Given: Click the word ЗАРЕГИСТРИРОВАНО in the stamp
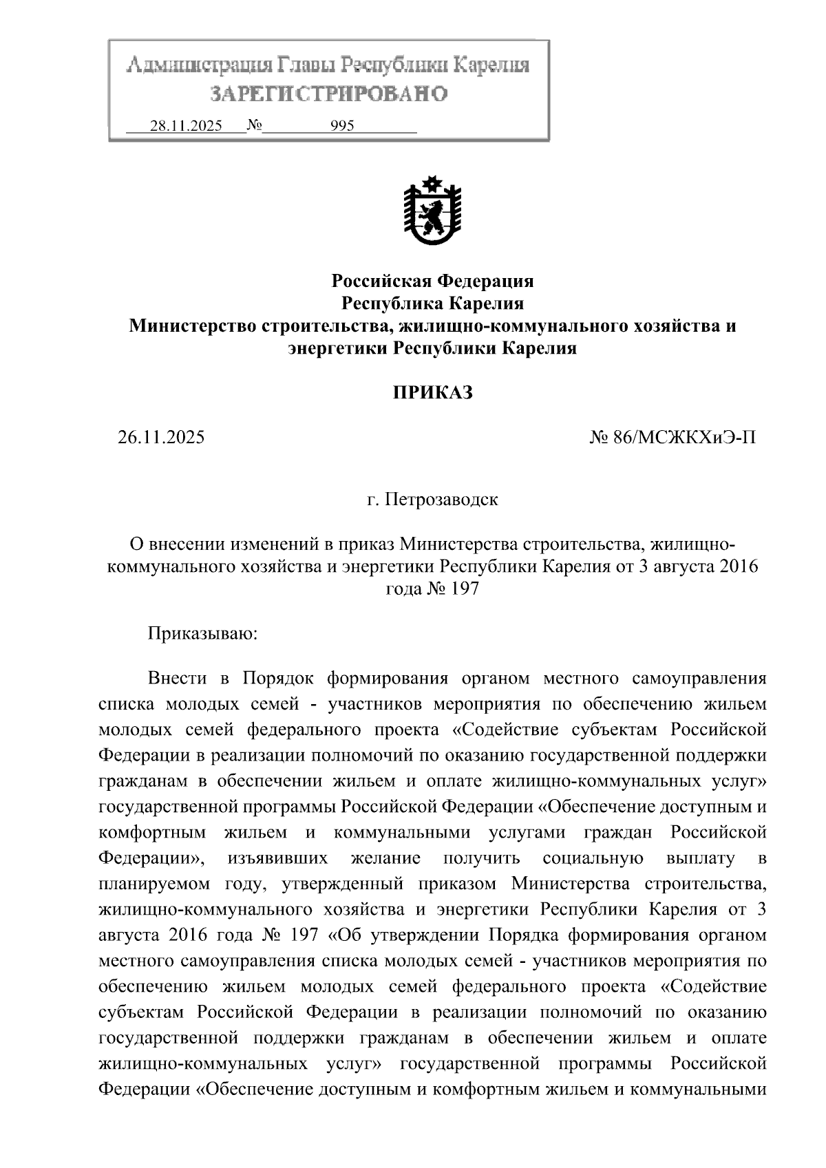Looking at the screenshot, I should tap(328, 94).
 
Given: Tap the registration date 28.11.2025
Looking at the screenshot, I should tap(186, 126).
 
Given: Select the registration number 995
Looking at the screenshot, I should tap(342, 126).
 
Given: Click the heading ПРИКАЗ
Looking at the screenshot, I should tap(432, 393).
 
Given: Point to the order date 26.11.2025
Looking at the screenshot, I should tap(161, 437).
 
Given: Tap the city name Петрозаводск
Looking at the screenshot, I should tap(441, 499).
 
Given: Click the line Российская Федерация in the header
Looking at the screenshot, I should tap(432, 281).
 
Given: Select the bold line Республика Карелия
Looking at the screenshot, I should tap(432, 304).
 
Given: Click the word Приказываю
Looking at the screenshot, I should tap(202, 633).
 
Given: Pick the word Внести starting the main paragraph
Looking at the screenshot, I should tap(177, 678).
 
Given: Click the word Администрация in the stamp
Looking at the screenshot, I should tap(195, 66).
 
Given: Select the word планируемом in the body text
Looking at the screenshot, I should tap(155, 884).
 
